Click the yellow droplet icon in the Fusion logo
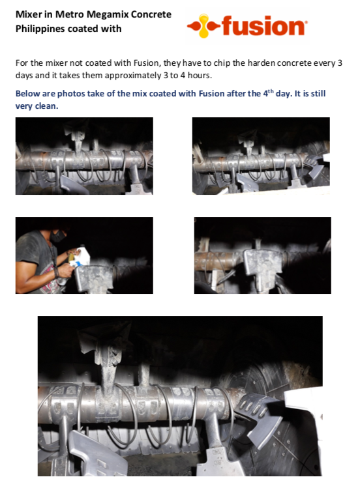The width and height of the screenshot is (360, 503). [x=204, y=25]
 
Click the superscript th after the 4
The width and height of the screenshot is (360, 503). [x=271, y=91]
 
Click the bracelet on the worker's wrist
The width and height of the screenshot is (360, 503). [x=57, y=272]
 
